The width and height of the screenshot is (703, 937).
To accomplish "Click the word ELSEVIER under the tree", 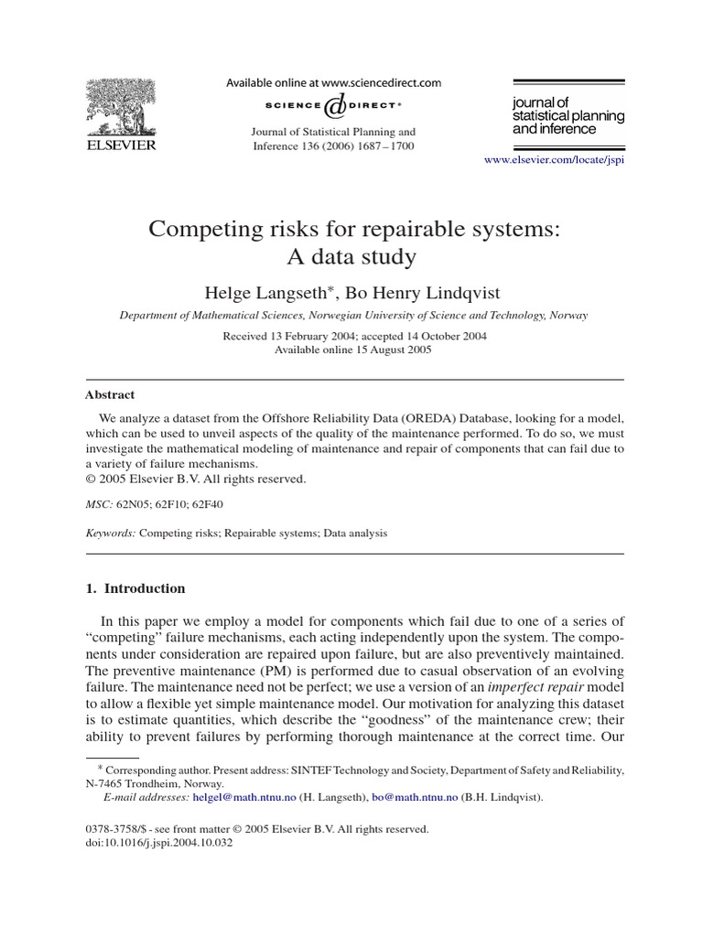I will coord(121,145).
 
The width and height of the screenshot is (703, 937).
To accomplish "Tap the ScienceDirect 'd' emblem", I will coord(334,107).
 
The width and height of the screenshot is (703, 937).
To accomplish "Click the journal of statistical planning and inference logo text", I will coord(568,117).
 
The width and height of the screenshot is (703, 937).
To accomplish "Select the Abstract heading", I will coord(109,394).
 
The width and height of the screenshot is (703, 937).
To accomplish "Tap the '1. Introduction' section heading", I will coord(135,588).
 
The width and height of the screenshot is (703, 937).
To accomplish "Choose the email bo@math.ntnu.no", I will coord(414,797).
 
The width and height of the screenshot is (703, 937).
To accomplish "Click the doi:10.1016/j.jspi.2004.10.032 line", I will coord(158,843).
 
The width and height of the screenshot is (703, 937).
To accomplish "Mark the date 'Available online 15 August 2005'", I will coord(353,350).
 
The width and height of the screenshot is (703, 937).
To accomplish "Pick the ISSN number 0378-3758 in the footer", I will coord(111,829).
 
